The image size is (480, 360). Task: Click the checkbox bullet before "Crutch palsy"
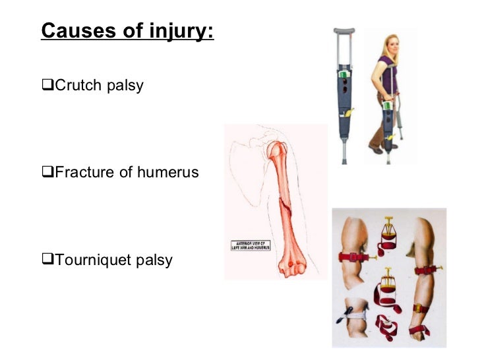pos(47,86)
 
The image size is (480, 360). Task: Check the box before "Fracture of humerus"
pos(47,173)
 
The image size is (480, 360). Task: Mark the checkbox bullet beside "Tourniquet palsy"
pos(47,260)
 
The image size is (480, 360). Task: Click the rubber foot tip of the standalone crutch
pos(343,160)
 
